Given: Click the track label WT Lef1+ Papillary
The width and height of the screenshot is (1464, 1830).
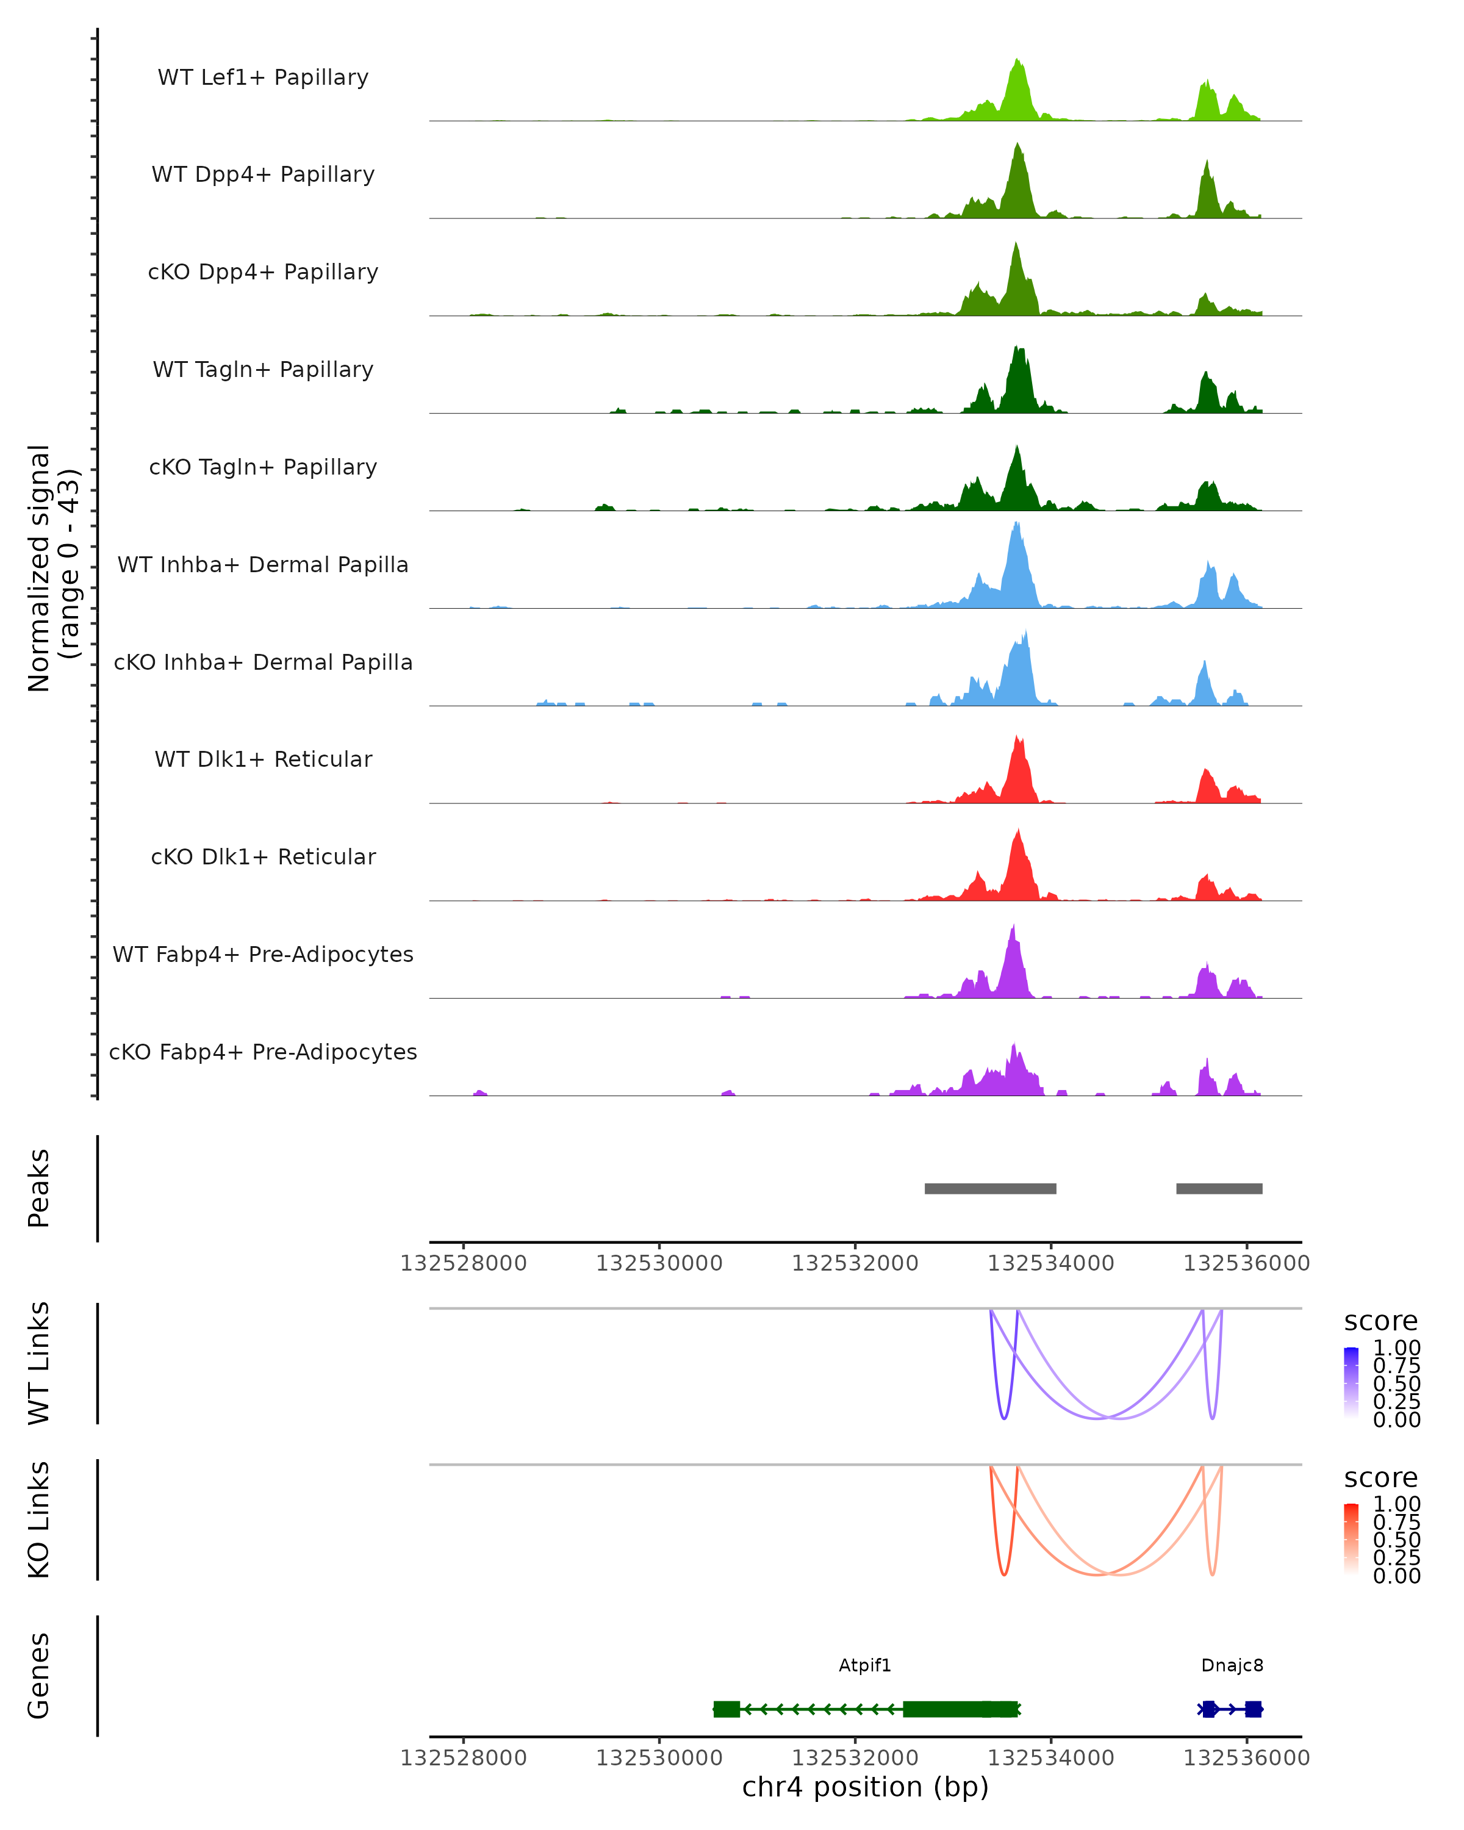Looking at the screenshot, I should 263,77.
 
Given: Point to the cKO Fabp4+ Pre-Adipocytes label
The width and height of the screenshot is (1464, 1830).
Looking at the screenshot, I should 263,1052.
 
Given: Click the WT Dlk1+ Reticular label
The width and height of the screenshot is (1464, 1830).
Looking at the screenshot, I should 263,759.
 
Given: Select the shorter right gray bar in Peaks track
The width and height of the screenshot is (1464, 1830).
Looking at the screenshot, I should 1219,1188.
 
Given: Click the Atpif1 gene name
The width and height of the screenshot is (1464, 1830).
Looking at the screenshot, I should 865,1665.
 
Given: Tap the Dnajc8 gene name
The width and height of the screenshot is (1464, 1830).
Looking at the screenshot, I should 1232,1665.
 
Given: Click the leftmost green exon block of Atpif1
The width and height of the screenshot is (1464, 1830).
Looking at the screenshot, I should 727,1709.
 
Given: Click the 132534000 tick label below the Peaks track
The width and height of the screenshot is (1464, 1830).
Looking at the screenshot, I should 1050,1263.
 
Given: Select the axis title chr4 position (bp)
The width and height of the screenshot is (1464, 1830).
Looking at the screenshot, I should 865,1787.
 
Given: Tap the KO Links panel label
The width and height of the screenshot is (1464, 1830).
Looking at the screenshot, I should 39,1520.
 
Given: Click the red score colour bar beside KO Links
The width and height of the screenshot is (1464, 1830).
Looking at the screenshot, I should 1351,1539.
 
